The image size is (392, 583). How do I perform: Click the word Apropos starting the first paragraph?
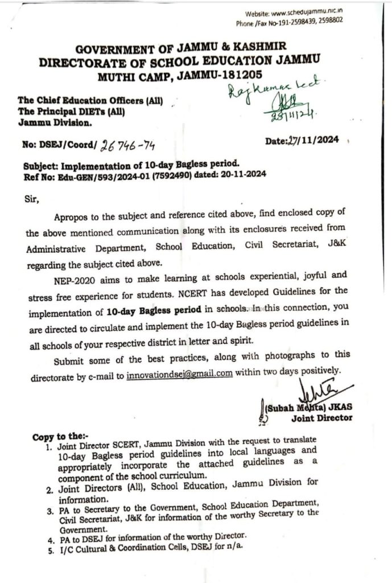tap(72, 218)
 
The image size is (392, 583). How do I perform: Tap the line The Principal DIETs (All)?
tap(71, 112)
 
